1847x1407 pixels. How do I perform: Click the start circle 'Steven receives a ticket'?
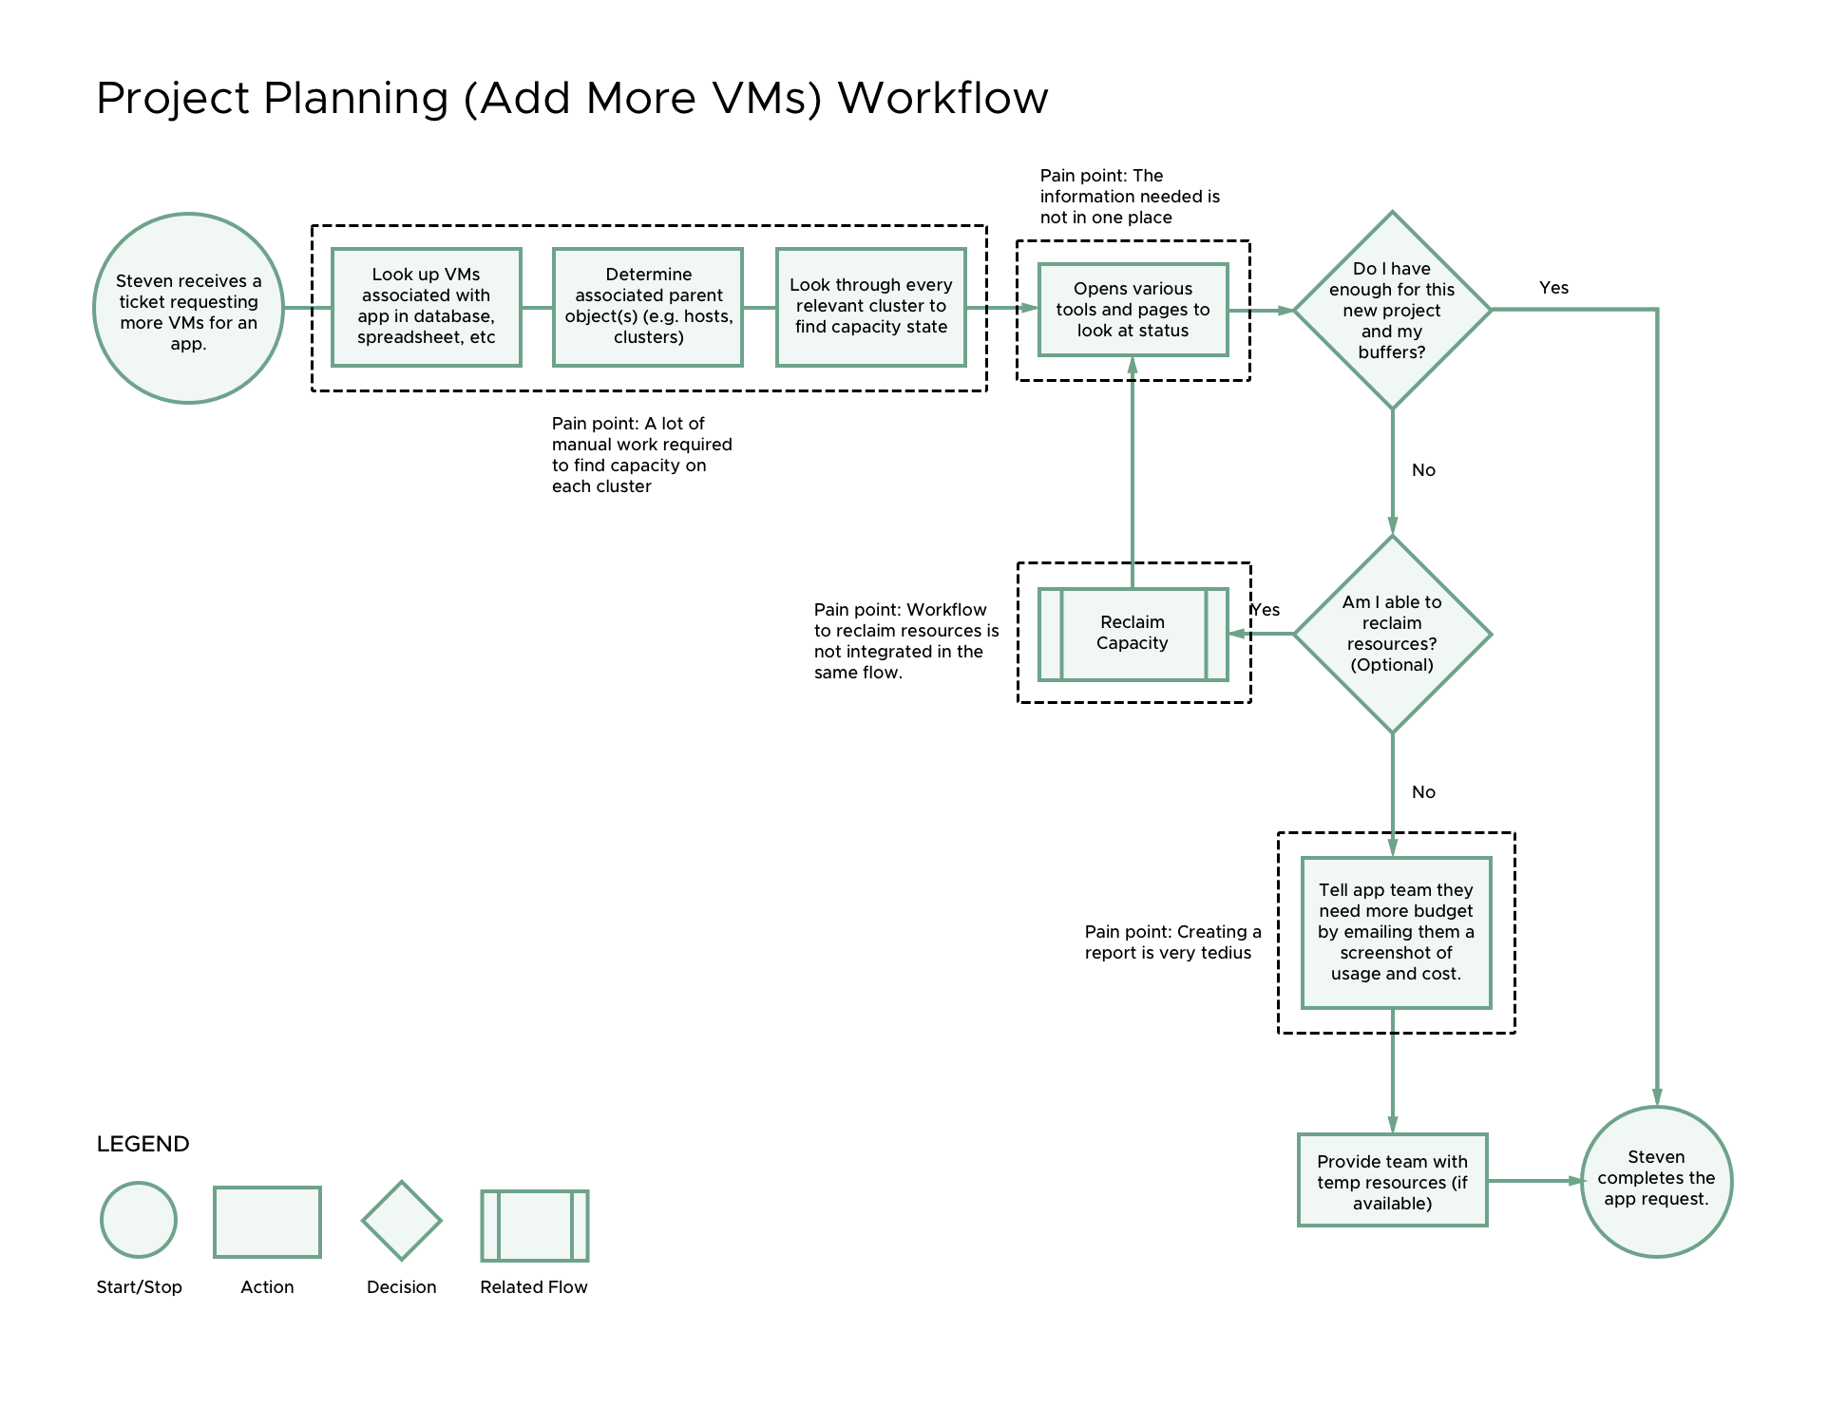point(188,309)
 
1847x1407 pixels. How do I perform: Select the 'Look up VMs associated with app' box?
point(427,307)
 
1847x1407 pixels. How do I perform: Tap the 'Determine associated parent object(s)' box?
point(648,307)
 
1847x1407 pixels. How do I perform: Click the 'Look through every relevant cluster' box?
point(870,307)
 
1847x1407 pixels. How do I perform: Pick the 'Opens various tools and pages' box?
point(1133,310)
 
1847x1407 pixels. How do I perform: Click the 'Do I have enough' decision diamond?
point(1392,310)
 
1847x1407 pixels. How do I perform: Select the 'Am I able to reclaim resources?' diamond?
point(1392,634)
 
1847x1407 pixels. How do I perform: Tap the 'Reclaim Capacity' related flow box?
point(1133,634)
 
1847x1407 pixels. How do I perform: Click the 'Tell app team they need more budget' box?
point(1396,932)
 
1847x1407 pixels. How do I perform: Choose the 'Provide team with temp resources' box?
point(1392,1181)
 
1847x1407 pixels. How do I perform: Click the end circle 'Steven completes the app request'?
point(1656,1181)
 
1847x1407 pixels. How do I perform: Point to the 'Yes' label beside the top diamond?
point(1553,288)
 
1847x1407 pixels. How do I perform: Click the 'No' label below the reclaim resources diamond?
point(1423,792)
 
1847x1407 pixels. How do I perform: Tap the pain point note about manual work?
point(641,455)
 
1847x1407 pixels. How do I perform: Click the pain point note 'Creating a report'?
point(1172,942)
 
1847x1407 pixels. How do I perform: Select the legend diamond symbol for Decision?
point(401,1221)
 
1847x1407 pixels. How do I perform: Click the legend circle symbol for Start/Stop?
point(139,1221)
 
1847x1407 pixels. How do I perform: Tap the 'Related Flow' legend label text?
point(533,1287)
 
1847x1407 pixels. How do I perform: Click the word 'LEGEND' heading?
point(143,1144)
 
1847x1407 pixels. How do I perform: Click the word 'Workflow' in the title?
point(943,99)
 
